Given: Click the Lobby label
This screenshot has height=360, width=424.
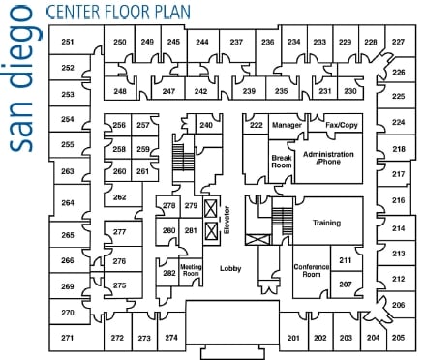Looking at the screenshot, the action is coord(229,268).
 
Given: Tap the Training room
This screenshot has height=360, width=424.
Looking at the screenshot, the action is coord(326,223).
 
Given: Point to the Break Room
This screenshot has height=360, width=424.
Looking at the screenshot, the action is coord(281,161).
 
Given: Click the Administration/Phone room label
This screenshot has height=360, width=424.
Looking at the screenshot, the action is coord(328,158).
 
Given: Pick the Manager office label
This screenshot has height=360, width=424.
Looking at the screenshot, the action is coord(288,126).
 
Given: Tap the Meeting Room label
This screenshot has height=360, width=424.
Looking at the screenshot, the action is coord(191,270).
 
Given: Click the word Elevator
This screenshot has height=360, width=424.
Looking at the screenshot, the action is coord(227,221).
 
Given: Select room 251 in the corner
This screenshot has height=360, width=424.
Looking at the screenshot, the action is coord(68,43).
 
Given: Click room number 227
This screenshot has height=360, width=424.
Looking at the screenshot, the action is coord(398,43).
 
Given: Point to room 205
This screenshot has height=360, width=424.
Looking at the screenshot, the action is coord(398,337).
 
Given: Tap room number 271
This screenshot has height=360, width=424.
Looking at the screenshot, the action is coord(68,337).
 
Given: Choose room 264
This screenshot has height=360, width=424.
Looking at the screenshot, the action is coord(68,203).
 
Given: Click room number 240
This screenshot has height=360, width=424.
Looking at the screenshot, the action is coord(205,126).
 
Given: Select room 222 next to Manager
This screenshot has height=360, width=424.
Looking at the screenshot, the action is coord(256,126).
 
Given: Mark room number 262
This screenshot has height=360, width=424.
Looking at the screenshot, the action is coord(119,196).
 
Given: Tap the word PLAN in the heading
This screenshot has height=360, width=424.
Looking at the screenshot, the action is coord(170,13).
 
